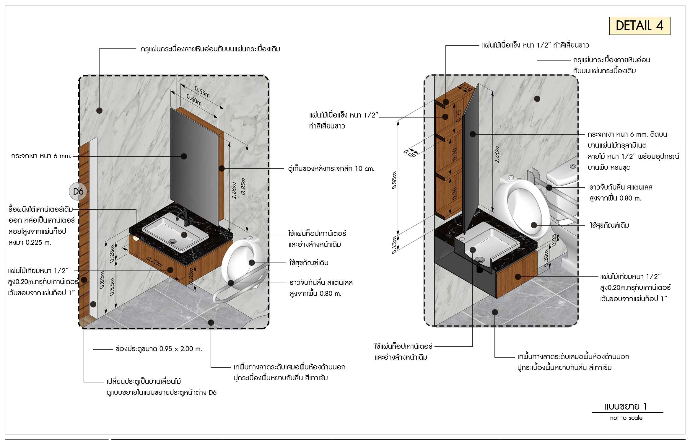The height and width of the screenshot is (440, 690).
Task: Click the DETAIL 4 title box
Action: click(x=639, y=26)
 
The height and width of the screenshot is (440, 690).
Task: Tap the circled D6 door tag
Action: click(x=78, y=191)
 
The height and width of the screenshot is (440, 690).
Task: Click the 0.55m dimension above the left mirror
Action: click(x=202, y=92)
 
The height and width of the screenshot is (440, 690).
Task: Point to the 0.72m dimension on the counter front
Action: click(x=154, y=262)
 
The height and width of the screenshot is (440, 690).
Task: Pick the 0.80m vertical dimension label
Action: click(x=102, y=280)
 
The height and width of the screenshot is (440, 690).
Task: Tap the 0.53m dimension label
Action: click(x=112, y=286)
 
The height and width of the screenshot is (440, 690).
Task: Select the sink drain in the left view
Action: click(x=172, y=241)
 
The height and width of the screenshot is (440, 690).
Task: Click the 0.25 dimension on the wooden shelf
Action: click(x=458, y=115)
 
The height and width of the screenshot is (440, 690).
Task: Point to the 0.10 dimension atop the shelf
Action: click(x=466, y=87)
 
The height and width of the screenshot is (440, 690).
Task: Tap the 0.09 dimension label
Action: click(x=410, y=154)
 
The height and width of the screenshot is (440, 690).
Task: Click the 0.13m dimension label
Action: click(x=394, y=245)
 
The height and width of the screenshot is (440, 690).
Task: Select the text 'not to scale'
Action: click(x=626, y=418)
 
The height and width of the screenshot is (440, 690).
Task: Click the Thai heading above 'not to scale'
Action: click(x=625, y=407)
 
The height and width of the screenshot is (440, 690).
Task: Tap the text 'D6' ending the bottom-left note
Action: click(x=212, y=392)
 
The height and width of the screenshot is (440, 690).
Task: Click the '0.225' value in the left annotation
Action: click(x=34, y=242)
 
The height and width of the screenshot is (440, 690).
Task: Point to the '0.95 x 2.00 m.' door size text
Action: click(x=180, y=349)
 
